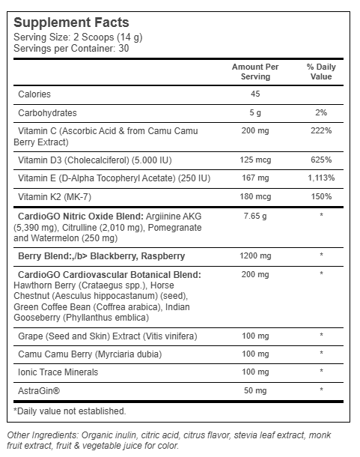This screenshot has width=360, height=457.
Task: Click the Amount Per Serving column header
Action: tap(256, 72)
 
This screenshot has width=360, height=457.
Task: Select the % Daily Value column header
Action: tap(321, 72)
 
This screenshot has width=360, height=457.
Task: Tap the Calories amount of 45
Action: tap(256, 94)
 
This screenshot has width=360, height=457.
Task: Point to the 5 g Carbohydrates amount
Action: tap(256, 112)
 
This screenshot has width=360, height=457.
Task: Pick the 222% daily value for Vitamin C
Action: tap(321, 130)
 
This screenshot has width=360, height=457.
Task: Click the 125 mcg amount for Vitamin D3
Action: tap(256, 160)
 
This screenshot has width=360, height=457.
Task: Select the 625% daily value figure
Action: tap(321, 160)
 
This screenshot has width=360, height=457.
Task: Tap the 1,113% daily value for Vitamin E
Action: tap(321, 178)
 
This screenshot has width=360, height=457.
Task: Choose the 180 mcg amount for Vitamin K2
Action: tap(256, 196)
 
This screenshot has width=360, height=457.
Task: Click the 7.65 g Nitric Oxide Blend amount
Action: tap(256, 216)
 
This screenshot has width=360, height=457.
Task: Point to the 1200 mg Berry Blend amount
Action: tap(256, 255)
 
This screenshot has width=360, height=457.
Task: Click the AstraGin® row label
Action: tap(38, 390)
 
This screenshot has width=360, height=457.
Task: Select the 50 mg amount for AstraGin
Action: tap(256, 390)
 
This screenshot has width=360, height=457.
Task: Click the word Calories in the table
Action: tap(34, 94)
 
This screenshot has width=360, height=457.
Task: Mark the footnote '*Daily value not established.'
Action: tap(70, 411)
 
